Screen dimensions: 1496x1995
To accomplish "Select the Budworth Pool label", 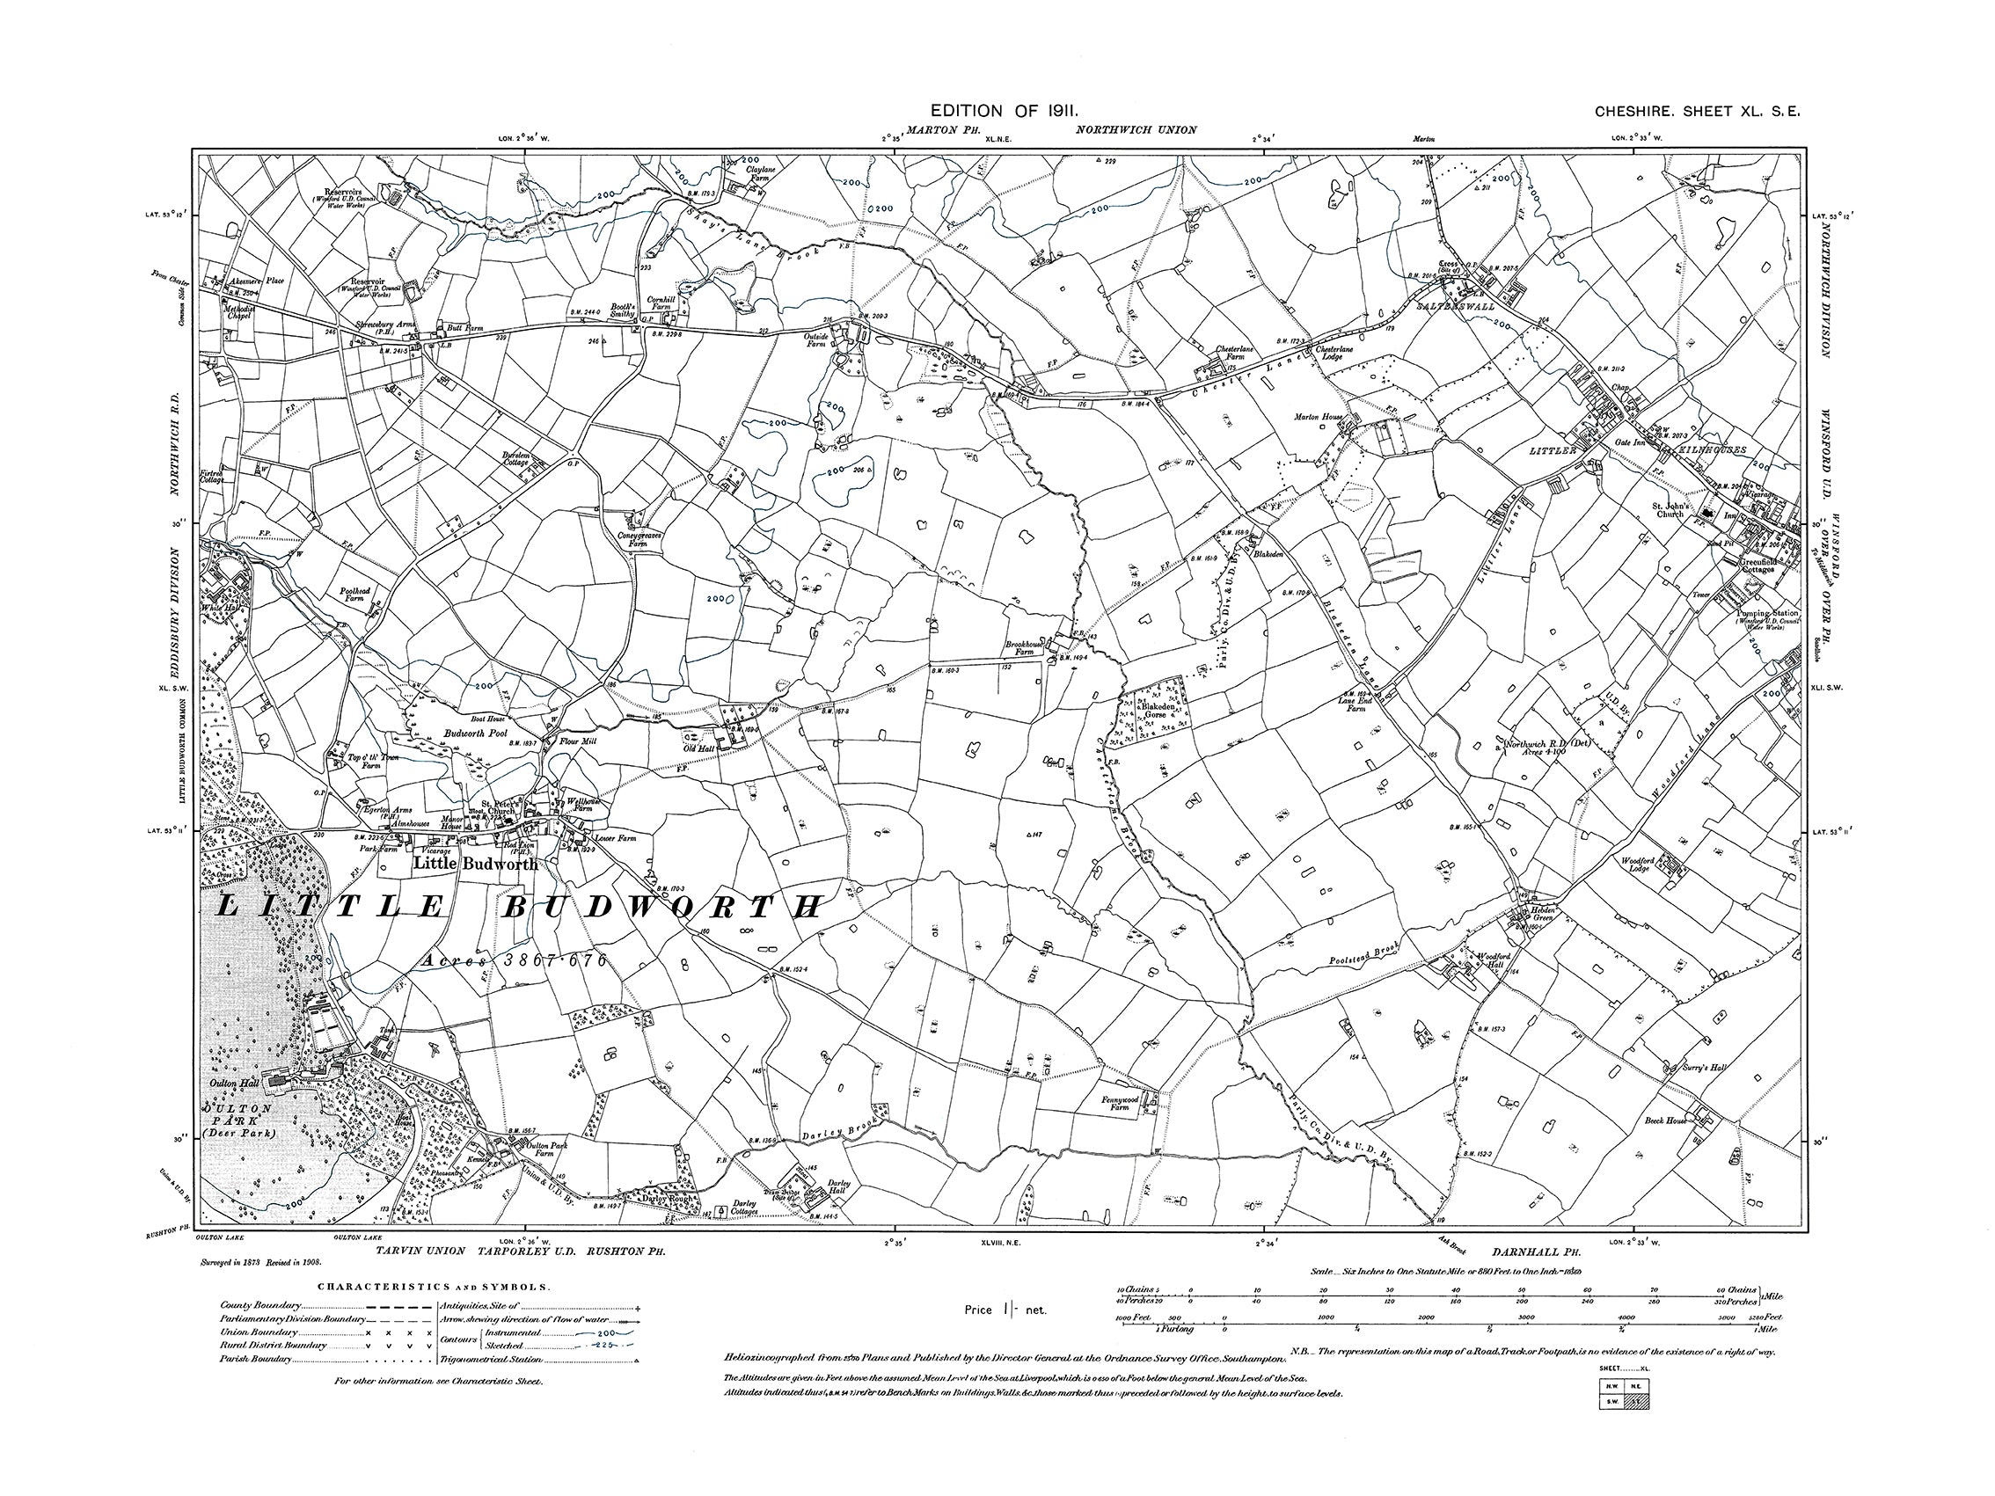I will [477, 733].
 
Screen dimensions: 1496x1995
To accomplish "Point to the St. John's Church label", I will [1670, 510].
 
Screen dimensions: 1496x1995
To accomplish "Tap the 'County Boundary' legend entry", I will [260, 1305].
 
